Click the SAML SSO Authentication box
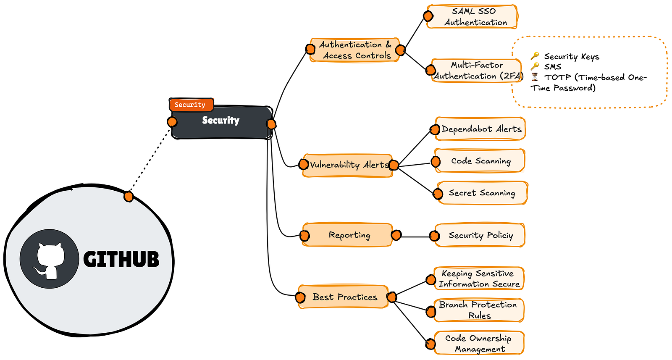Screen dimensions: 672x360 tap(472, 17)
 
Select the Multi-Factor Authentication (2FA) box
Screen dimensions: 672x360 tap(476, 71)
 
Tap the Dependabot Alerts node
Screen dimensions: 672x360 tap(480, 129)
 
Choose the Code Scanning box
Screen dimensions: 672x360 tap(480, 161)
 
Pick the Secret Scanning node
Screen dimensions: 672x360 tap(483, 193)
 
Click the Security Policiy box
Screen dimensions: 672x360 tap(480, 235)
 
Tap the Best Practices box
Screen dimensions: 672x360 tap(343, 297)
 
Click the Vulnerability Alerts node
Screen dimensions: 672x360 tap(348, 166)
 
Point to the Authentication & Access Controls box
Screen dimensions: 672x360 tap(354, 50)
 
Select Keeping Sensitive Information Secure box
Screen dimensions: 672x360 tap(479, 279)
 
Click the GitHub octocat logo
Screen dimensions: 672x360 tap(50, 259)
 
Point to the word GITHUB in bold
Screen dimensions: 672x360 tap(121, 259)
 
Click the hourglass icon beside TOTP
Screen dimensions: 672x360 tap(535, 77)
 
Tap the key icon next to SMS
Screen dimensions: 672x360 tap(535, 66)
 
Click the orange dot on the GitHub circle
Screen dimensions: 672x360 tap(129, 197)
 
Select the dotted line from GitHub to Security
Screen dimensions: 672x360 tap(150, 159)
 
